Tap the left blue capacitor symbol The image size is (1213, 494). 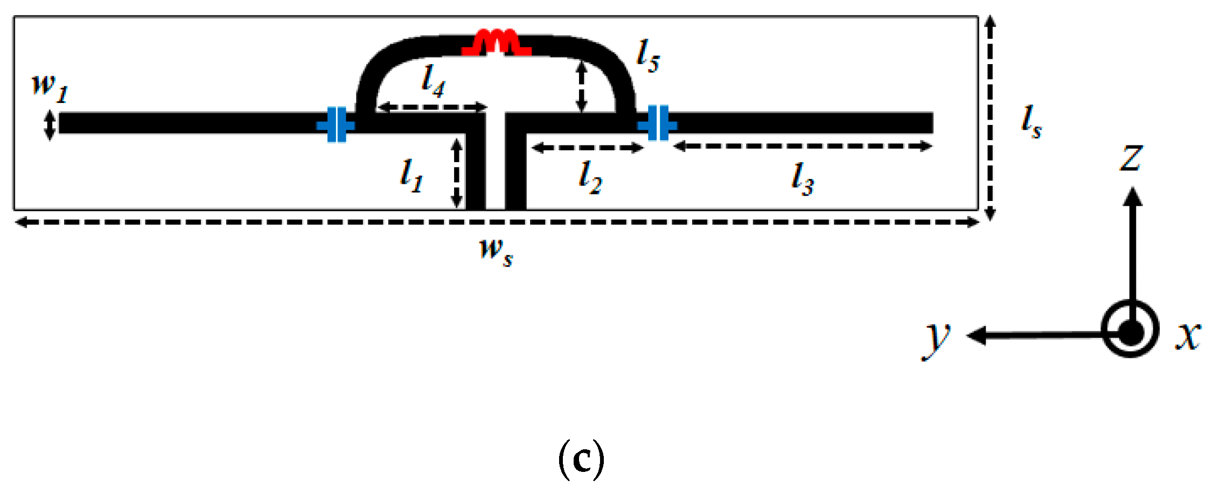pos(336,125)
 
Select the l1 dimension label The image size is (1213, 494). pos(412,176)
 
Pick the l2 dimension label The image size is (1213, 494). pos(590,178)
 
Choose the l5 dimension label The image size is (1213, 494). pos(648,57)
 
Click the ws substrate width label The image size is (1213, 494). pos(496,252)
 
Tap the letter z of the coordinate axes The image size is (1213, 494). pos(1131,158)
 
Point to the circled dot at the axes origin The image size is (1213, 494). pos(1130,329)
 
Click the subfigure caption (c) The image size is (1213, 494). pos(581,459)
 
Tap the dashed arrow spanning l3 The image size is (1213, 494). pos(803,146)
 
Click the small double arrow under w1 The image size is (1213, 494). pos(49,125)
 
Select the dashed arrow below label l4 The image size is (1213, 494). pos(432,107)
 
